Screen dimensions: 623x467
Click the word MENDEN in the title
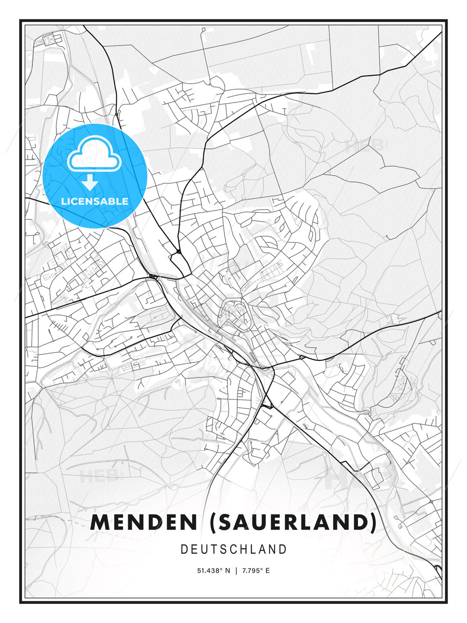(x=144, y=522)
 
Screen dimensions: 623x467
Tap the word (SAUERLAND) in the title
(x=293, y=522)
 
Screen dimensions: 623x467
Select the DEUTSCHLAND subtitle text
(x=233, y=549)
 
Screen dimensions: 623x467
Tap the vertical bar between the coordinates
(x=236, y=571)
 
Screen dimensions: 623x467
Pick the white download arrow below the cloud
(x=90, y=182)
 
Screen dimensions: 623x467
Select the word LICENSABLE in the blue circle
(x=95, y=201)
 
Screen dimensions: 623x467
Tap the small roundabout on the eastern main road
(x=302, y=357)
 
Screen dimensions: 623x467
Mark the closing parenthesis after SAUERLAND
(x=373, y=522)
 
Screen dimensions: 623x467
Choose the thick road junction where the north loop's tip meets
(x=178, y=251)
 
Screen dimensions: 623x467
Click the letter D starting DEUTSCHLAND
(x=184, y=549)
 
